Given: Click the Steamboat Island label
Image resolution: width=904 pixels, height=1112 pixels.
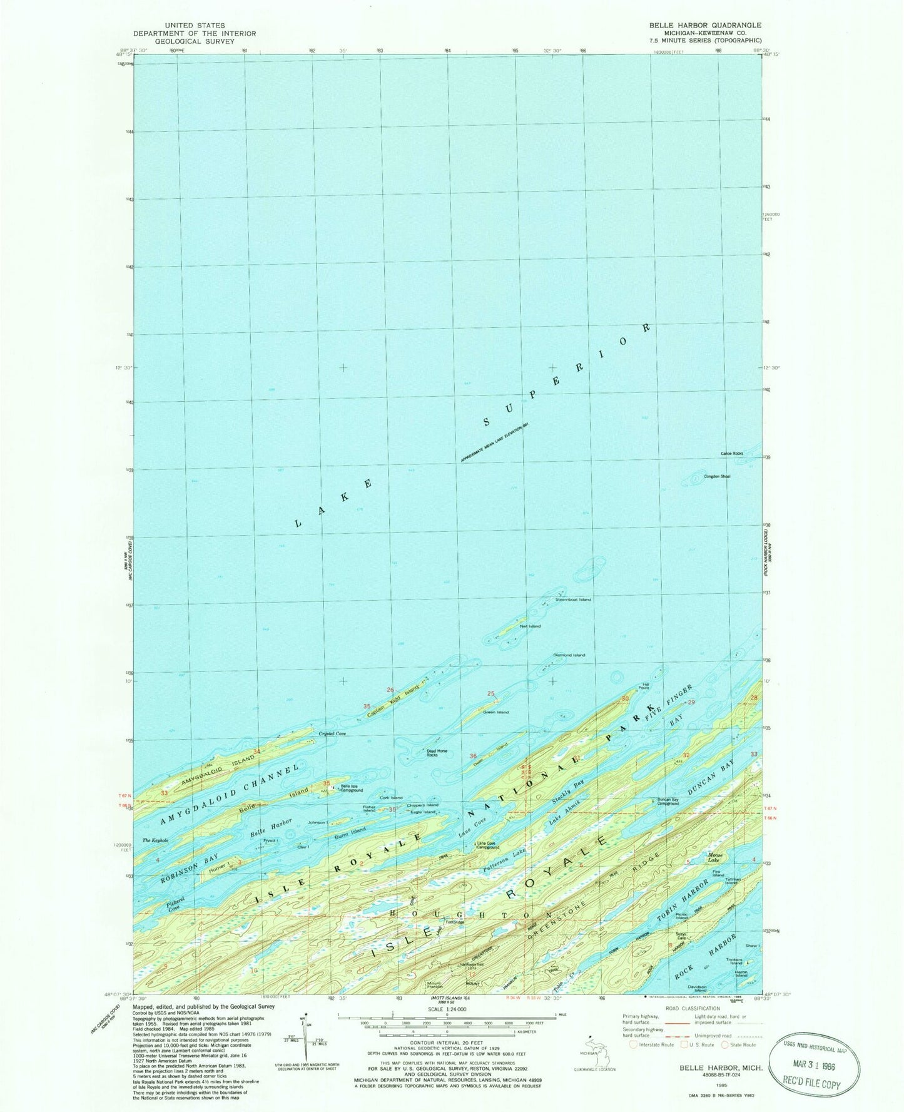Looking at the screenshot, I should (x=573, y=599).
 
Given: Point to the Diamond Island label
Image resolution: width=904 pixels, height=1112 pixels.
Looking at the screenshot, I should (x=569, y=655).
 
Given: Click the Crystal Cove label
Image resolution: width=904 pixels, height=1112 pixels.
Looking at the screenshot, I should (x=332, y=733).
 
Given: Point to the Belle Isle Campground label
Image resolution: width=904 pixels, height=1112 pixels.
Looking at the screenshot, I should (x=351, y=788).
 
